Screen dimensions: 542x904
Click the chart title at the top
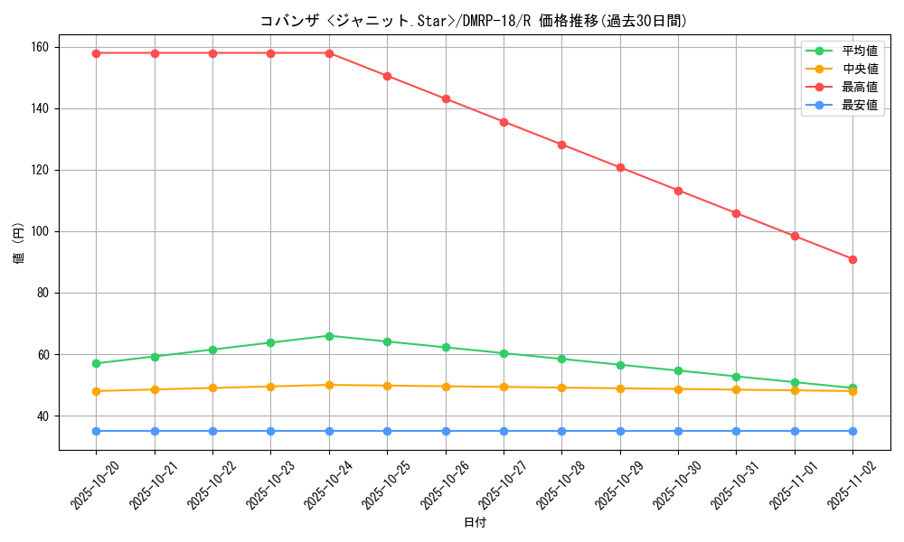pos(473,21)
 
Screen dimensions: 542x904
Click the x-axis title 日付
pos(475,523)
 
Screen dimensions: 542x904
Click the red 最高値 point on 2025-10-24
pos(329,53)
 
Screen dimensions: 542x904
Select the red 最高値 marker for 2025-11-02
pos(852,259)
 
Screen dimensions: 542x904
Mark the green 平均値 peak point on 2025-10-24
pos(329,336)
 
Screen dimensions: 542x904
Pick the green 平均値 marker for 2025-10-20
pos(97,363)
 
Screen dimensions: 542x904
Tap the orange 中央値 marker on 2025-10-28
pos(561,388)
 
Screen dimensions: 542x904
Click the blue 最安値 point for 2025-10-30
pos(678,431)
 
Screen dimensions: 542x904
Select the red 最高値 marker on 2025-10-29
pos(620,167)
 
